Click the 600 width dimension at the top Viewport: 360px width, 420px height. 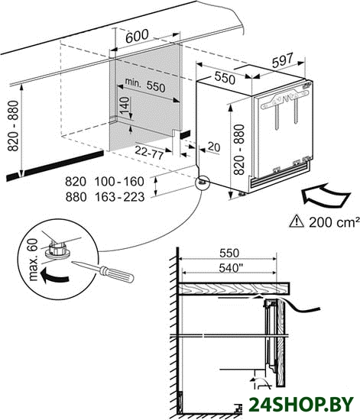(x=137, y=37)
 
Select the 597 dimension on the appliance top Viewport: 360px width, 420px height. (x=283, y=60)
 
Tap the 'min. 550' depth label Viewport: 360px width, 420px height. (x=145, y=85)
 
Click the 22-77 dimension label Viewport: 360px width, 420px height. (x=149, y=153)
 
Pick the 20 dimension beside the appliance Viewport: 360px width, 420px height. (x=214, y=147)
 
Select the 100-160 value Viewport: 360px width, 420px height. (x=119, y=182)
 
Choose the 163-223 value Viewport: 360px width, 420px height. (x=119, y=197)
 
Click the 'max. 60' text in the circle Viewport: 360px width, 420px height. (x=33, y=260)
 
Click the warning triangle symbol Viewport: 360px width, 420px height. (x=297, y=221)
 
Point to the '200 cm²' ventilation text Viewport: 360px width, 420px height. (x=334, y=222)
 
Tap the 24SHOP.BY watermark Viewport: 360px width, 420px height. (x=301, y=404)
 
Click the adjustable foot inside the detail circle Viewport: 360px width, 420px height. (x=57, y=250)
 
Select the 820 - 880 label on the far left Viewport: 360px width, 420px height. (x=13, y=126)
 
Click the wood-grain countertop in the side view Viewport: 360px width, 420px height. (x=234, y=289)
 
